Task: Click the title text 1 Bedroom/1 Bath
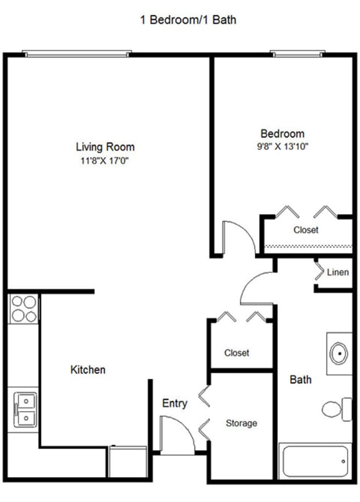tap(188, 20)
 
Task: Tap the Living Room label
tap(105, 147)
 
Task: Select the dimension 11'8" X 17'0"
tap(105, 161)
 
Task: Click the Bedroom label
tap(282, 134)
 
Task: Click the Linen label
tap(338, 272)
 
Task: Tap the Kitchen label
tap(87, 370)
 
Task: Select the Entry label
tap(174, 403)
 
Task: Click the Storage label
tap(241, 423)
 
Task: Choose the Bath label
tap(300, 380)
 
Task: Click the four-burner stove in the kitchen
tap(24, 308)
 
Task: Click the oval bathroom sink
tap(338, 354)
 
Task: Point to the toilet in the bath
tap(336, 410)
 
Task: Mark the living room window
tap(77, 54)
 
